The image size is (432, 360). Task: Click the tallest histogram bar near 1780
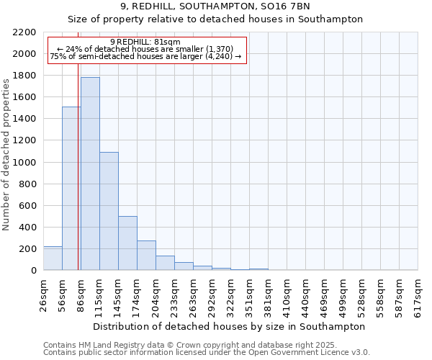[90, 174]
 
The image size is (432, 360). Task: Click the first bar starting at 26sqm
[53, 258]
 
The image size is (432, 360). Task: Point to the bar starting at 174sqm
[146, 256]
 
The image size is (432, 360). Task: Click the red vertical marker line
[78, 180]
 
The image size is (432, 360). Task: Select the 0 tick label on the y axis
[33, 271]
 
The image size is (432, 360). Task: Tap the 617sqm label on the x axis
[418, 296]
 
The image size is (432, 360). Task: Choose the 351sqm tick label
[250, 296]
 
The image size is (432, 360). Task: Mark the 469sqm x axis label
[325, 296]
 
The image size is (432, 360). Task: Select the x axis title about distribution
[230, 326]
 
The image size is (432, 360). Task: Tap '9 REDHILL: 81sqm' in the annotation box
[145, 42]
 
